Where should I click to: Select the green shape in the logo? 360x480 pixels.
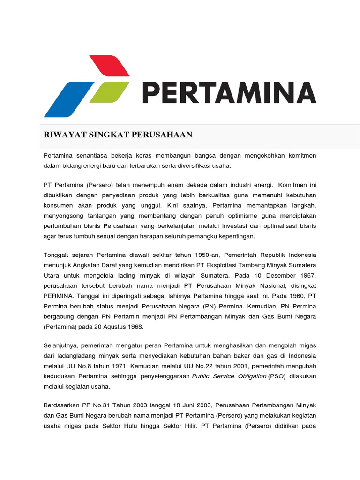point(109,92)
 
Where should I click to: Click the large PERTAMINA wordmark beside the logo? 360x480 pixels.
point(229,93)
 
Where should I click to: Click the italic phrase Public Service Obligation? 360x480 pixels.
point(229,376)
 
